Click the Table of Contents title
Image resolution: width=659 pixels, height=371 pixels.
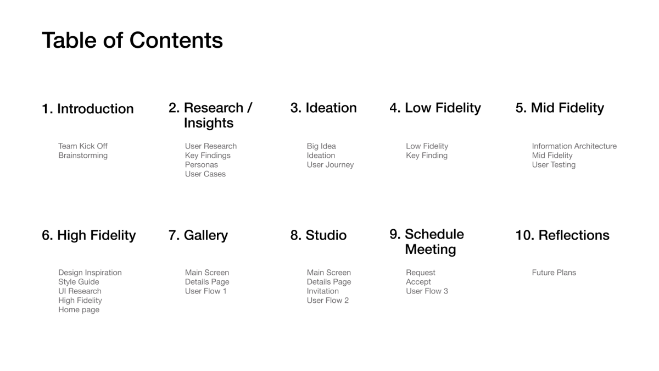(x=132, y=40)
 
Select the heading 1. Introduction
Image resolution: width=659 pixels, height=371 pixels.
(x=88, y=109)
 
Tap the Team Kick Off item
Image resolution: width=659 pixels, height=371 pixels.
(x=83, y=146)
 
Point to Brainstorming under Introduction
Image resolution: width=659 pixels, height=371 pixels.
(x=83, y=156)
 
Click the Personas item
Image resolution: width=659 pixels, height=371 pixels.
(x=201, y=164)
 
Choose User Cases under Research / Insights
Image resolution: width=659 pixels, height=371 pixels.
(x=205, y=174)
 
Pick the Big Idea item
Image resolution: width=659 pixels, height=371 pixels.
(x=321, y=146)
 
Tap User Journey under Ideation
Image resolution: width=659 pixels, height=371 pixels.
(x=330, y=165)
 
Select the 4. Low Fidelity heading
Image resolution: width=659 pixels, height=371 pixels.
(x=435, y=108)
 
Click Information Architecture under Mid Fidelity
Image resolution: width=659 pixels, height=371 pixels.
(x=574, y=146)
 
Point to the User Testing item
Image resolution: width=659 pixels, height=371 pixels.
(x=554, y=165)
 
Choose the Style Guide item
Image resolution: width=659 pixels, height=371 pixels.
(x=79, y=282)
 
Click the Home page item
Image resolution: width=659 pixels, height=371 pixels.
(x=79, y=310)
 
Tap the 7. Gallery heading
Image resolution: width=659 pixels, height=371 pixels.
(x=198, y=235)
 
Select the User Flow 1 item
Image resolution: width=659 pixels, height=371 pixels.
(x=205, y=291)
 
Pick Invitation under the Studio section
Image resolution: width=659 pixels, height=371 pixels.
(x=322, y=291)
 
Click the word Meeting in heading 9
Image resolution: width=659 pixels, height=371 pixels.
(x=431, y=250)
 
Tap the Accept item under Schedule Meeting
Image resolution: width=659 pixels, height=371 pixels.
(x=418, y=282)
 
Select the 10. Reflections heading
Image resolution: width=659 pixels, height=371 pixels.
(x=562, y=235)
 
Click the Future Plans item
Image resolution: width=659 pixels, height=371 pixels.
(x=554, y=273)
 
